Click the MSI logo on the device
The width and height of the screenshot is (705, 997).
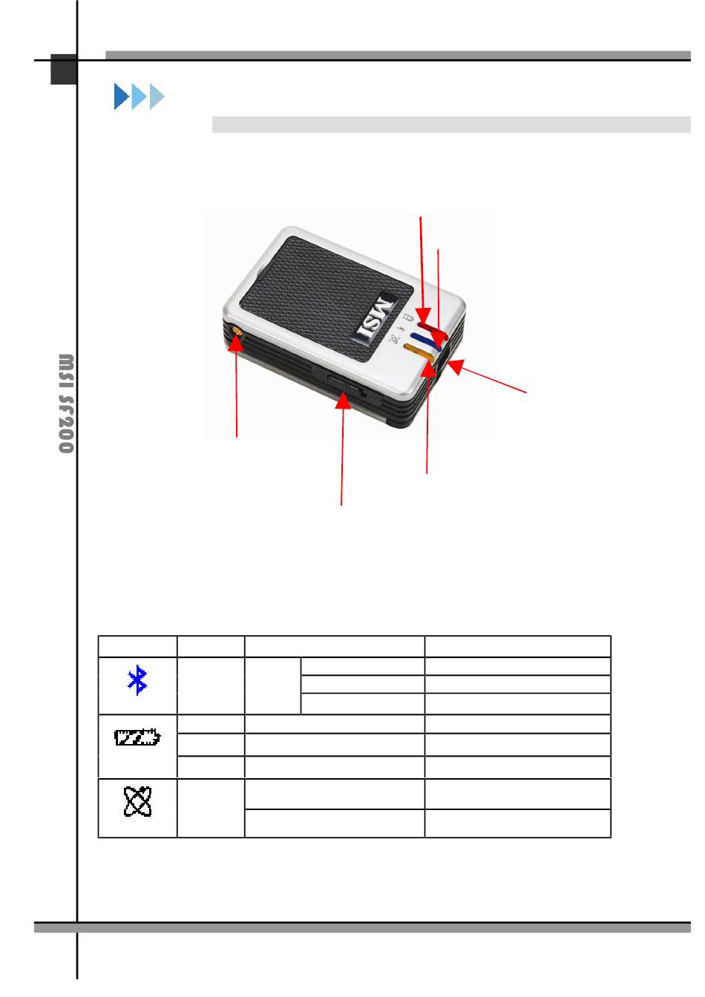376,317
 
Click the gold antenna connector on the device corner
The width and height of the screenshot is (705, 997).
237,331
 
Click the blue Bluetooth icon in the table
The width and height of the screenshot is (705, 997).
137,680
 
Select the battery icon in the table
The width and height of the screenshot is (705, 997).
137,737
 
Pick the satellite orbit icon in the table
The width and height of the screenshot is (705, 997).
137,801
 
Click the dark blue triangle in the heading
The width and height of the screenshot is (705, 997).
122,96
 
